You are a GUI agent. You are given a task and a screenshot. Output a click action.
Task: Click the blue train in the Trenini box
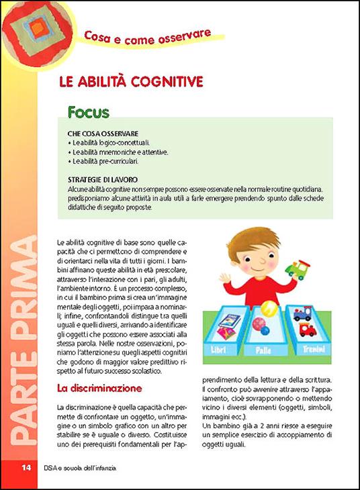click(x=302, y=314)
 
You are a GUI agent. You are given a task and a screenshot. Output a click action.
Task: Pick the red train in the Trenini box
click(x=308, y=330)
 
